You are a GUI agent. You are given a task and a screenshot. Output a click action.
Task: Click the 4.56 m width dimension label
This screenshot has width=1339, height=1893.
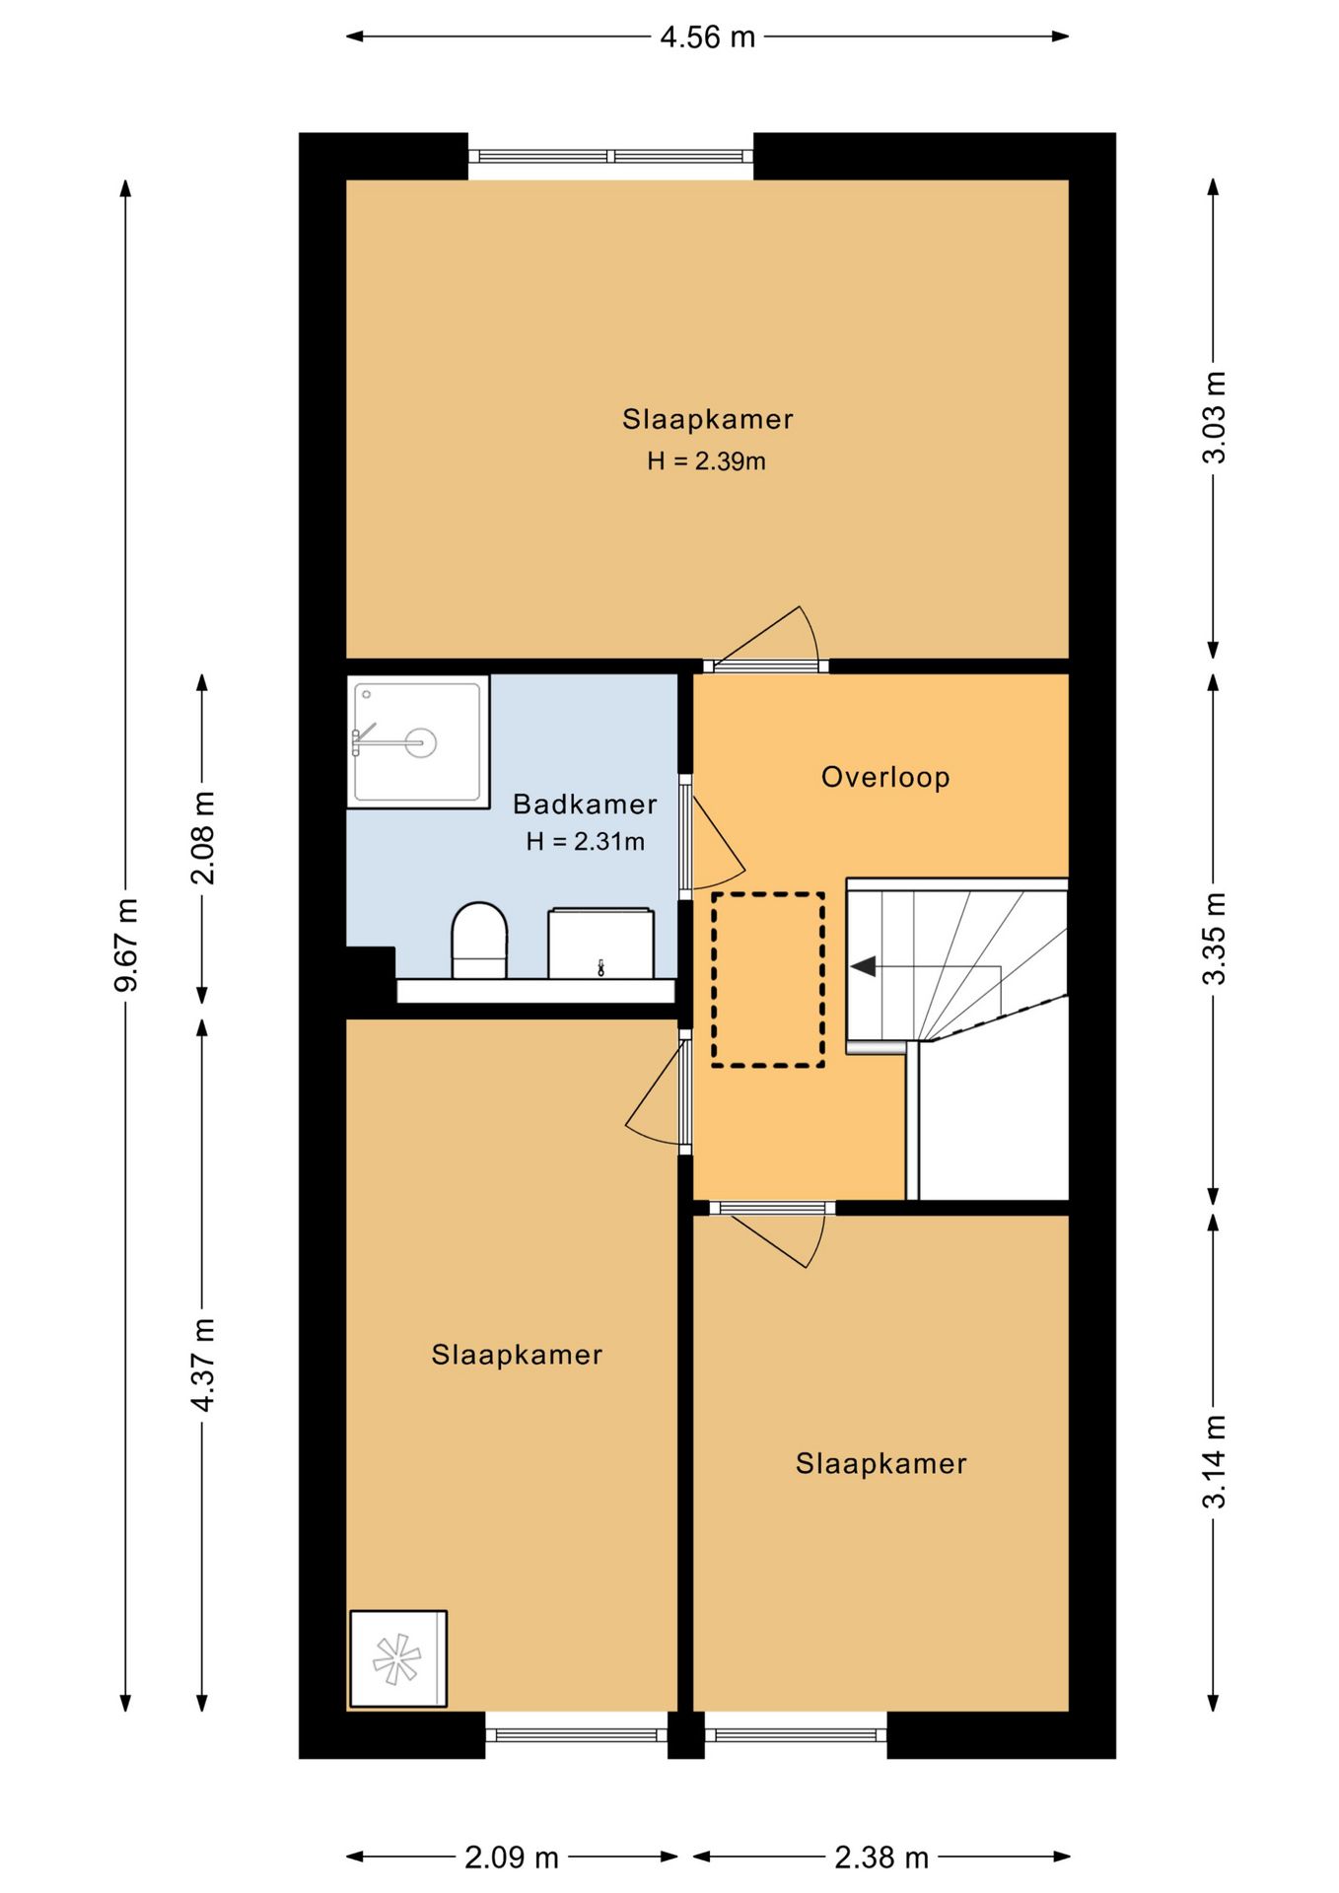pos(707,37)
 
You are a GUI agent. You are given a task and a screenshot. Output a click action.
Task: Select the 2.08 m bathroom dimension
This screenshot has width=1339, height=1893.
pos(202,837)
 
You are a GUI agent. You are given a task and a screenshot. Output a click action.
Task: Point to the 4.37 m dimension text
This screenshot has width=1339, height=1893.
pos(202,1365)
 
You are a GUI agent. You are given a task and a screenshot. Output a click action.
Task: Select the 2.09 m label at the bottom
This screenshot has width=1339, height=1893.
pos(512,1858)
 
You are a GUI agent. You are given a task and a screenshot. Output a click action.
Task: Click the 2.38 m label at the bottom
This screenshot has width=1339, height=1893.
pos(881,1858)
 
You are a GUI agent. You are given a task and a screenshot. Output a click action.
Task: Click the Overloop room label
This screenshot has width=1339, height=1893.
pos(885,777)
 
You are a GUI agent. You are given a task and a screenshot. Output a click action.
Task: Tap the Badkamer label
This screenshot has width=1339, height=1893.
pos(585,804)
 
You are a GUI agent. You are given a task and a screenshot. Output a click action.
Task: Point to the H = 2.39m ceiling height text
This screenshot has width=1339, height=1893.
pos(706,460)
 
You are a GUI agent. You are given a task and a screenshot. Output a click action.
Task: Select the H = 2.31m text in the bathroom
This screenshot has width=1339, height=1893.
pos(585,841)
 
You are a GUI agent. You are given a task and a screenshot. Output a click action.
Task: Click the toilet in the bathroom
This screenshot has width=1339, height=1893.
pos(479,940)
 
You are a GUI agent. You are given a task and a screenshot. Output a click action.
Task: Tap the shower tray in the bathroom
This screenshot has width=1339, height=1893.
pos(418,741)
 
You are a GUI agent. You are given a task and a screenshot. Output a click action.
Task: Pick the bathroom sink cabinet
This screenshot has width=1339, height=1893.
pos(600,944)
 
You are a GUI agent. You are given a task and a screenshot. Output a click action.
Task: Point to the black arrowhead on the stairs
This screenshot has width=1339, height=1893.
pos(864,966)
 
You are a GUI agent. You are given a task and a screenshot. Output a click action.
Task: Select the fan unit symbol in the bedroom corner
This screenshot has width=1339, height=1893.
pos(397,1659)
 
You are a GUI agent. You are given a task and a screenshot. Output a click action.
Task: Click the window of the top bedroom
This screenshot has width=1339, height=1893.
pos(610,156)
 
